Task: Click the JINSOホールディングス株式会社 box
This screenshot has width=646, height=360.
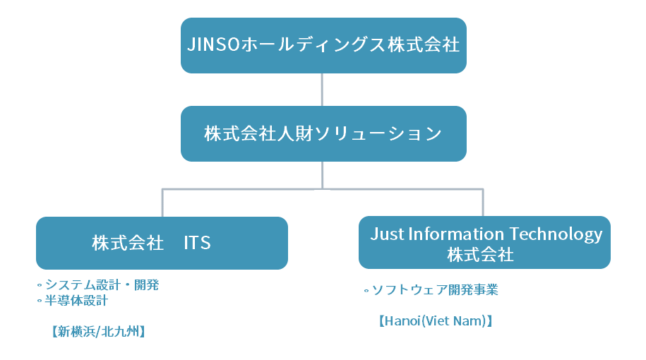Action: (323, 45)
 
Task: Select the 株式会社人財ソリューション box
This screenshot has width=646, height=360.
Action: (323, 133)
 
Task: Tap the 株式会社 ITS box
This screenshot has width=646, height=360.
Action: (162, 243)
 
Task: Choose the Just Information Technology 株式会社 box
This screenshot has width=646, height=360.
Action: (484, 243)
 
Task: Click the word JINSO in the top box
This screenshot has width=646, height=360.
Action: (213, 44)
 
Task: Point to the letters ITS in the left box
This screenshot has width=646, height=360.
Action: (197, 243)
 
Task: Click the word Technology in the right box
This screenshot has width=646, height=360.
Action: (556, 235)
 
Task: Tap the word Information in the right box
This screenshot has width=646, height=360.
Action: (456, 234)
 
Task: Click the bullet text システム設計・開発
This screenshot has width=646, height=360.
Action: (102, 284)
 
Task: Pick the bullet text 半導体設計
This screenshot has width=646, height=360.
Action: (76, 300)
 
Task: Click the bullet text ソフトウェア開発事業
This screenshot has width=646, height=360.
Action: (435, 290)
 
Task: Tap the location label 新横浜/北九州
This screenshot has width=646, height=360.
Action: (98, 332)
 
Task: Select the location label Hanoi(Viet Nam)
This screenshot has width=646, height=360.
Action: (436, 321)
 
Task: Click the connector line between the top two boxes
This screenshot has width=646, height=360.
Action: (322, 90)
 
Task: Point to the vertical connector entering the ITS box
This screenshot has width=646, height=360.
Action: (162, 203)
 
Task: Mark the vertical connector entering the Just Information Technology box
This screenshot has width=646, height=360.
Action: (482, 203)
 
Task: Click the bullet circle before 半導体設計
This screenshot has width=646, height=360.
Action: (40, 301)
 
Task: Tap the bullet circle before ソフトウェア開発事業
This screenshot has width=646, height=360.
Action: (366, 291)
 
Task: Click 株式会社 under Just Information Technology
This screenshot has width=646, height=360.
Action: (480, 255)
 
